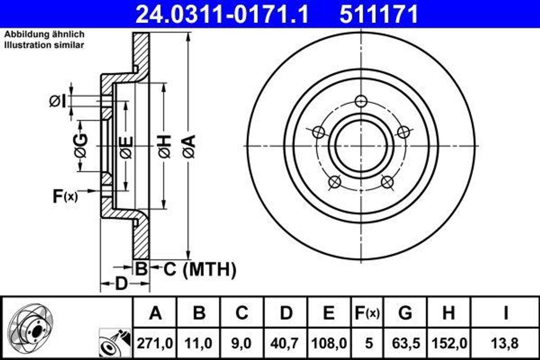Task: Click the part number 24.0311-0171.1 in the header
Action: (x=221, y=14)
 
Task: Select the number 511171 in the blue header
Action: (x=379, y=14)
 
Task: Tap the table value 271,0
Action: (x=155, y=343)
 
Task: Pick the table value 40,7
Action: (x=286, y=343)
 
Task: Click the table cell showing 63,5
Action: (x=405, y=343)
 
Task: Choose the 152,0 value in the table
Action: (x=449, y=343)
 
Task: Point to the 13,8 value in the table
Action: (x=505, y=343)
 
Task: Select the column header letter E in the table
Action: (x=329, y=313)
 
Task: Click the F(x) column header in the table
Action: (x=366, y=313)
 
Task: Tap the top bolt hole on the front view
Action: (x=361, y=101)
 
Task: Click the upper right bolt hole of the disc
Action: (x=403, y=132)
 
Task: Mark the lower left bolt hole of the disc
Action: (x=334, y=182)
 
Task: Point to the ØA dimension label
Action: (x=189, y=146)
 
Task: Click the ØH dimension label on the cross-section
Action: (x=164, y=146)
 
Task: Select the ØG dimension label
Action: (x=81, y=146)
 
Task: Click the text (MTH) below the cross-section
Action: (x=209, y=270)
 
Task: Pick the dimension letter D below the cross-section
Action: (x=121, y=284)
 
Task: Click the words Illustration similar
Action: (x=44, y=45)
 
